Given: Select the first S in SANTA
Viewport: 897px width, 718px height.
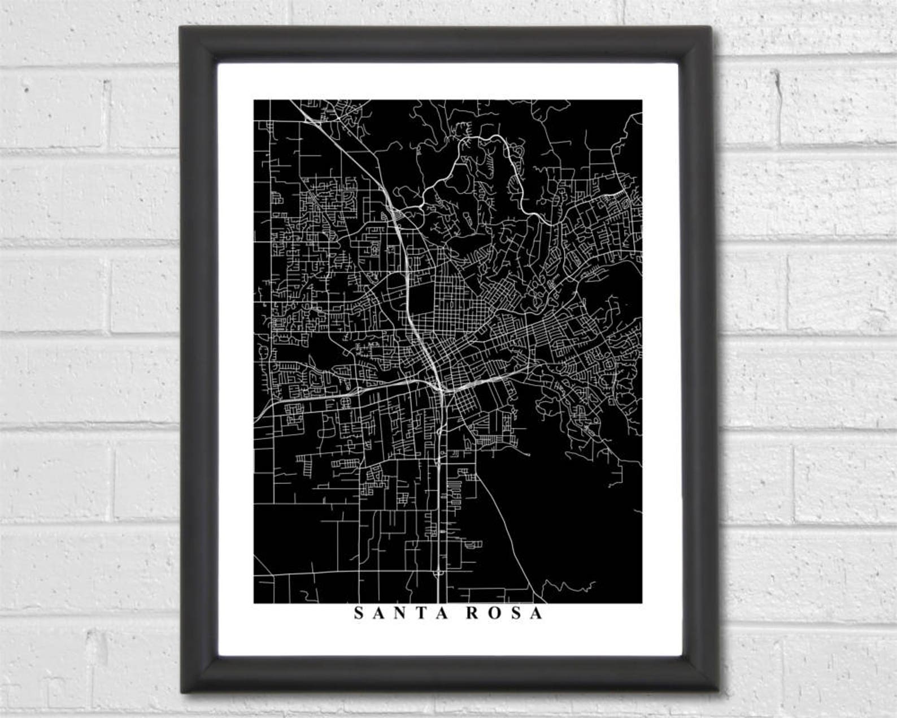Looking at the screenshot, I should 359,613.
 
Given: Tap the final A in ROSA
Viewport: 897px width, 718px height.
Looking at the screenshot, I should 536,613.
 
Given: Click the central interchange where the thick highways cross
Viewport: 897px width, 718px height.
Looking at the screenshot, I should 442,389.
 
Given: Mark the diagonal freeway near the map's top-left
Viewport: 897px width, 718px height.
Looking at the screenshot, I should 339,147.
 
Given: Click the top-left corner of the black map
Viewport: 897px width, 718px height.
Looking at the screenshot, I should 254,101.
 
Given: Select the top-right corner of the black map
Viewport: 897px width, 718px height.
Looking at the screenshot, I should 642,101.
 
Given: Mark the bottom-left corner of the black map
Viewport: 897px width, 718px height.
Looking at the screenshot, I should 254,603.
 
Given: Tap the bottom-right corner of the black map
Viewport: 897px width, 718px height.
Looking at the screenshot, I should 642,603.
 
